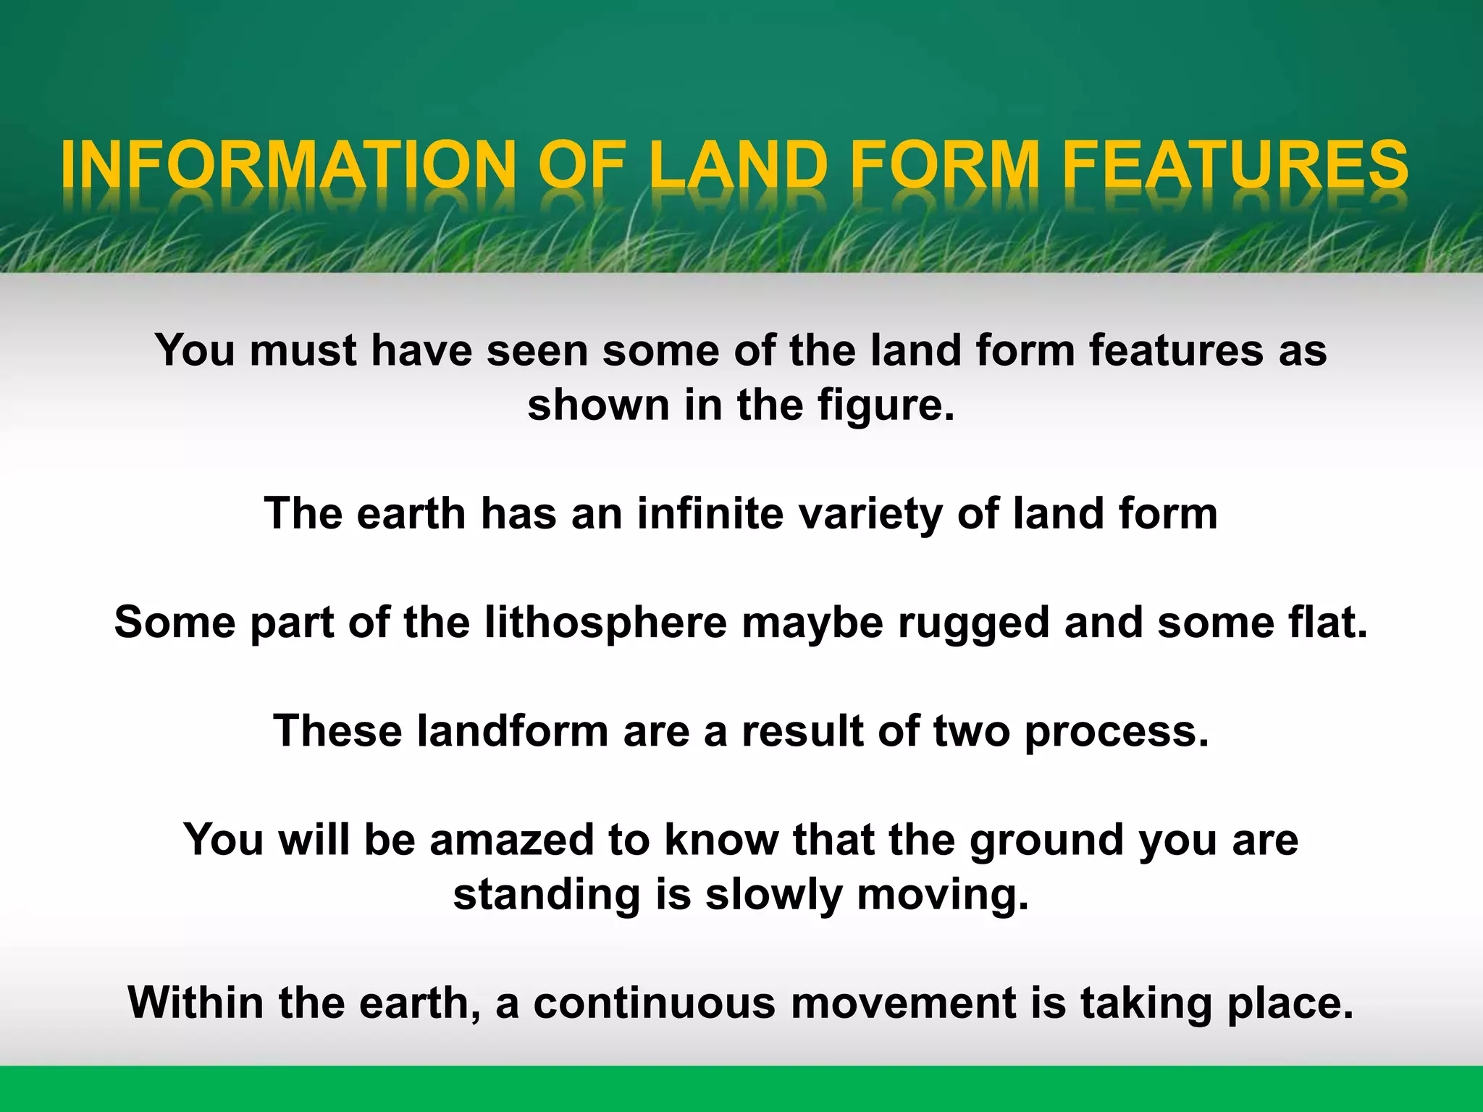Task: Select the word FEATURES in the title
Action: [1235, 164]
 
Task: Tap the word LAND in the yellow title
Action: [739, 164]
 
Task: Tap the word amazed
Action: [512, 840]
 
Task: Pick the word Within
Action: [196, 1003]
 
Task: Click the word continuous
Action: [655, 1003]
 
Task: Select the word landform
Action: [513, 731]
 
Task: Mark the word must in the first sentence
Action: [303, 351]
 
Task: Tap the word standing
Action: [547, 896]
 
